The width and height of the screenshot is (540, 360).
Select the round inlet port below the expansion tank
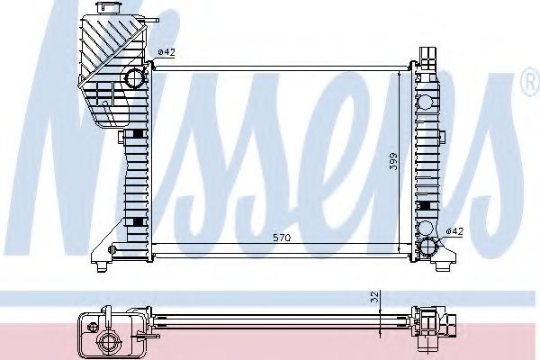pos(135,77)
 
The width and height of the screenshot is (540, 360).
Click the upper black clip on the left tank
pos(136,135)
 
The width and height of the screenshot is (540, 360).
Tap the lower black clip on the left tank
pos(136,221)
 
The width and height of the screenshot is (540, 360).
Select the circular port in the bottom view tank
pos(112,340)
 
